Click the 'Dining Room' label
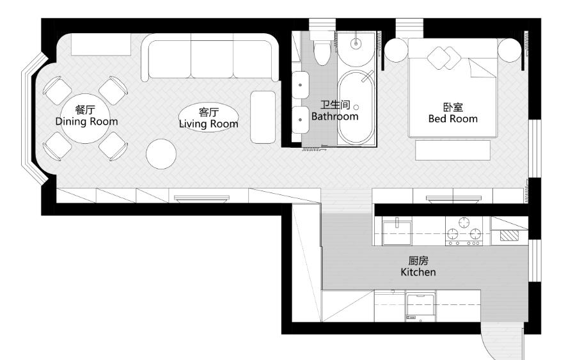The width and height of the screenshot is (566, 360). pos(86,121)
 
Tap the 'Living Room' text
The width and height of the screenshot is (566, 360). pos(208,124)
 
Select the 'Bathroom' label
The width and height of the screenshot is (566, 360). pos(335,116)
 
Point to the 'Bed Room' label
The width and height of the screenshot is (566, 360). pos(453,118)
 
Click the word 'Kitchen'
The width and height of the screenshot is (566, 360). pos(418,272)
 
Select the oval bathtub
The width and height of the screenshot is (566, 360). pos(356,107)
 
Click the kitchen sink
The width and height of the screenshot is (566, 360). pos(397,233)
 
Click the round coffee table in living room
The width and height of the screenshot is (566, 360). pos(161,154)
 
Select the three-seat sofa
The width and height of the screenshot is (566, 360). pos(210,58)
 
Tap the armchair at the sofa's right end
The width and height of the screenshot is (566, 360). pos(263,117)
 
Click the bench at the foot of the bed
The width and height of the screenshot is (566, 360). pos(453,150)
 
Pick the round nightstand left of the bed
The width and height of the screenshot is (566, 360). pos(397,50)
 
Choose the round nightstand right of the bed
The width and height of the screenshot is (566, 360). pos(510,50)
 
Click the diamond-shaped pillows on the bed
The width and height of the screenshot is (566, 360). pos(444,58)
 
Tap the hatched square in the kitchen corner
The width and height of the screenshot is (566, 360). pos(509,236)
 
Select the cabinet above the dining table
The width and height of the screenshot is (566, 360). pos(100,44)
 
